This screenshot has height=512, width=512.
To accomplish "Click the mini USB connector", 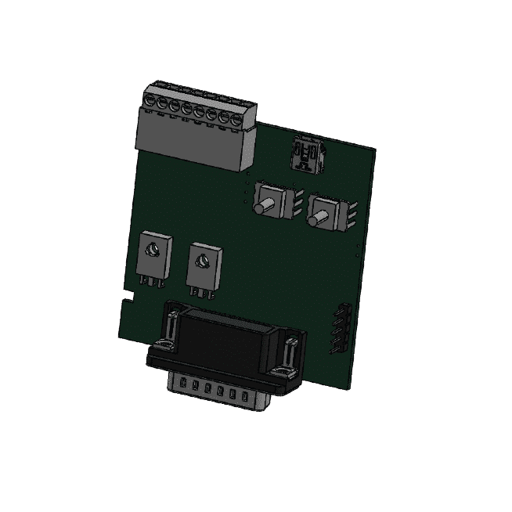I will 304,154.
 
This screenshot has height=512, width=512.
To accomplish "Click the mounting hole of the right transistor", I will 204,260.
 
